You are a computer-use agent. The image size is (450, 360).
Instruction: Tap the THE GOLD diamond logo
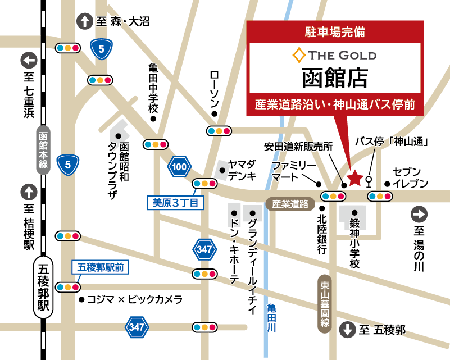[x=298, y=55]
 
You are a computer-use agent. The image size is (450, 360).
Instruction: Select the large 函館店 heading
[x=334, y=78]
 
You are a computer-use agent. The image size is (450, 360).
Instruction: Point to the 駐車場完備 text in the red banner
[x=334, y=32]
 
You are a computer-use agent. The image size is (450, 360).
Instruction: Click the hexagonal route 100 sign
[x=179, y=167]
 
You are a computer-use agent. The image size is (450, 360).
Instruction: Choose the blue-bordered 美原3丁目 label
[x=176, y=203]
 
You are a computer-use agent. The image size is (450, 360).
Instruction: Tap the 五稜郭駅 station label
[x=44, y=287]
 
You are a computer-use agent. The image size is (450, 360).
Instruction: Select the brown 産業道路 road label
[x=290, y=204]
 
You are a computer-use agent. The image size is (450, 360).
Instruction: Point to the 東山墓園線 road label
[x=325, y=304]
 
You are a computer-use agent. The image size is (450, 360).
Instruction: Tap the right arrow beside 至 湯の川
[x=419, y=213]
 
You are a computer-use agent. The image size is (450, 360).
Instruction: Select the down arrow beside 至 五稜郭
[x=347, y=330]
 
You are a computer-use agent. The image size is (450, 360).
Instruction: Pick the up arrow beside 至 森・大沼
[x=84, y=21]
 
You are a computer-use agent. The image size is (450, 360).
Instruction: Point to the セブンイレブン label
[x=410, y=177]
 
